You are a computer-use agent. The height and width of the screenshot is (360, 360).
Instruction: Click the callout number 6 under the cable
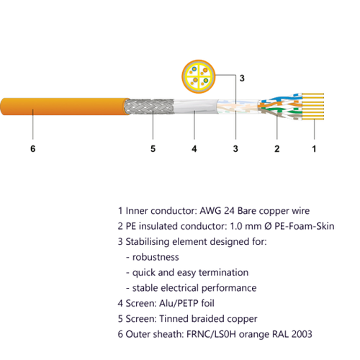click(x=33, y=149)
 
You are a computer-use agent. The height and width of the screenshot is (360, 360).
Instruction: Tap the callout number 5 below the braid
click(x=153, y=149)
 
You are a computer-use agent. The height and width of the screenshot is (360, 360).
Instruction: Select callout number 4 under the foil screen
click(x=194, y=149)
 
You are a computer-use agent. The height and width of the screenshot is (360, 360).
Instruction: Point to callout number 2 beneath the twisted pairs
click(x=277, y=149)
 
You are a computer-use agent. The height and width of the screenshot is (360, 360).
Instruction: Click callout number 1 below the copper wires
click(x=314, y=149)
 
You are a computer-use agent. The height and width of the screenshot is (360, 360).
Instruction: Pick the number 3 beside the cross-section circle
click(x=242, y=78)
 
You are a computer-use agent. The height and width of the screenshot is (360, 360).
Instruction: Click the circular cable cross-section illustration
click(x=198, y=76)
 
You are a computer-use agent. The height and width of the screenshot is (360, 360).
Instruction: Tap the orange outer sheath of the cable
click(x=65, y=107)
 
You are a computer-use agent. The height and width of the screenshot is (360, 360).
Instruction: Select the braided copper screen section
click(x=149, y=107)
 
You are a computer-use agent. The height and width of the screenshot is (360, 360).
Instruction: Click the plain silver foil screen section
click(x=196, y=107)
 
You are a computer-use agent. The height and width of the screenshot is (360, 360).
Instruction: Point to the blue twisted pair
click(x=281, y=99)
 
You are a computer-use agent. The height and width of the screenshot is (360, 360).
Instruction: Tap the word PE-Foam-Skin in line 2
click(x=305, y=226)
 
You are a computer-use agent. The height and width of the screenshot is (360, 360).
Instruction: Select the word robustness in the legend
click(x=156, y=257)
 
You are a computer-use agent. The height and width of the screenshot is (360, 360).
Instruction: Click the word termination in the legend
click(x=223, y=272)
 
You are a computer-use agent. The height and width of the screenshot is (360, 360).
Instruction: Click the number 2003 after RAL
click(x=302, y=334)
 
